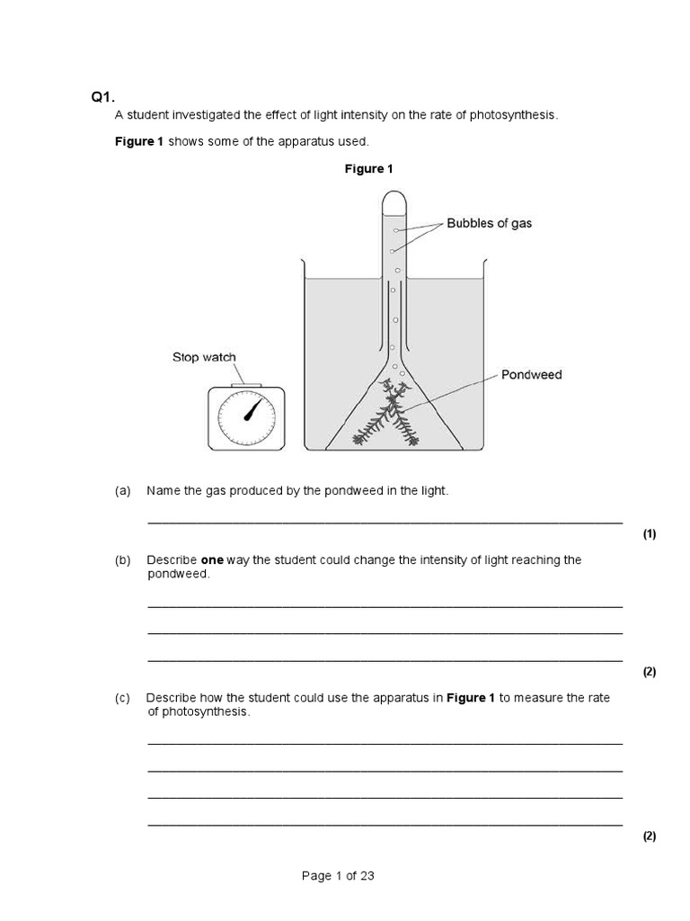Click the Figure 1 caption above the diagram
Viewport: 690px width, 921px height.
369,169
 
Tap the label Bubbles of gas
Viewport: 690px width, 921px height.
489,223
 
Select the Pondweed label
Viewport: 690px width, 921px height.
532,374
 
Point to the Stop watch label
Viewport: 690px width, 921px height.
204,357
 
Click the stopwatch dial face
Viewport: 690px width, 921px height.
247,417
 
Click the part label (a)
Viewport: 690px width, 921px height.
123,490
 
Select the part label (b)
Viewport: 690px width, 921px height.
123,559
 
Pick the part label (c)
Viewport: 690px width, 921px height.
123,698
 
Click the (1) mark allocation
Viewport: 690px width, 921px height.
650,534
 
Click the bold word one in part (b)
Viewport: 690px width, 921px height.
212,559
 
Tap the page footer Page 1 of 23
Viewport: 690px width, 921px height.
338,876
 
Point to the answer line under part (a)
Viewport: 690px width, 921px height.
385,522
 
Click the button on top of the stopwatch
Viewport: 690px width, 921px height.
247,385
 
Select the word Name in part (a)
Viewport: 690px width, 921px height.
163,490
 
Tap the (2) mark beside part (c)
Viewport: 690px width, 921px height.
650,836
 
